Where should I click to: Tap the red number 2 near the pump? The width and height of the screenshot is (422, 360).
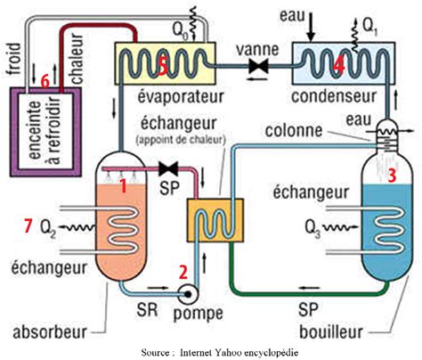coord(183,273)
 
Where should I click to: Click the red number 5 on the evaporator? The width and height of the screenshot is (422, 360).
coord(160,65)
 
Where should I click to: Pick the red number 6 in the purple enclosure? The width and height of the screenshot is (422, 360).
coord(45,81)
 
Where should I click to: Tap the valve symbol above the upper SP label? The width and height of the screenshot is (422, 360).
coord(164,168)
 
